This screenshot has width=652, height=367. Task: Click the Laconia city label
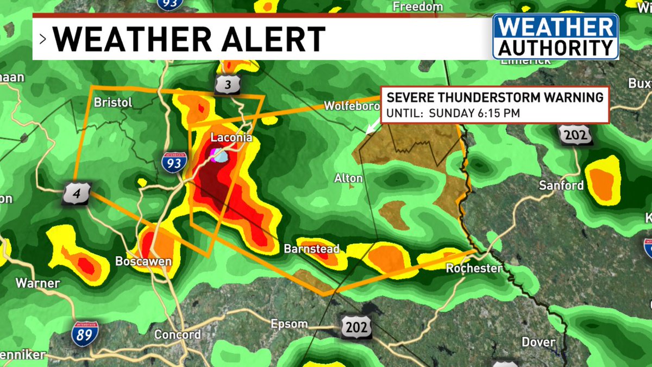point(231,138)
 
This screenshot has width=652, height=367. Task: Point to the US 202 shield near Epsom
point(357,327)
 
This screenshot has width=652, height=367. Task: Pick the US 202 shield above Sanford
point(574,135)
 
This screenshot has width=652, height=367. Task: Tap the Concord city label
point(177,334)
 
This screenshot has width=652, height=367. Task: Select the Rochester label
point(474,268)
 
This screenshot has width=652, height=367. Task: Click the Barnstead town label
point(311,249)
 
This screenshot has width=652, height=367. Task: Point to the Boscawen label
point(143,262)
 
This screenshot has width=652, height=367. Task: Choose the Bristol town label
point(113,102)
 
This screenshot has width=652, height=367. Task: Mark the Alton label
point(348,178)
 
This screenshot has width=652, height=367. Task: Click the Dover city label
point(538,342)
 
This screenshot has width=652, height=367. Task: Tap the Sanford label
point(561,185)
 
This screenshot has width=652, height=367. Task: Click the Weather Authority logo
point(555,36)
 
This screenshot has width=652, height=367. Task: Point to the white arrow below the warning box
point(373,127)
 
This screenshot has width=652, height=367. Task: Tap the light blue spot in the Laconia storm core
point(222,157)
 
